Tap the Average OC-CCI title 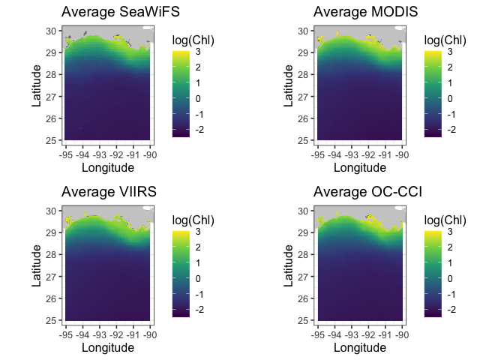[x=367, y=193]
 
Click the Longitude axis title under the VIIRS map [x=108, y=347]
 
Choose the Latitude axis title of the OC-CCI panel [x=289, y=264]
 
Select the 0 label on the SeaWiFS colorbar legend [x=197, y=99]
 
